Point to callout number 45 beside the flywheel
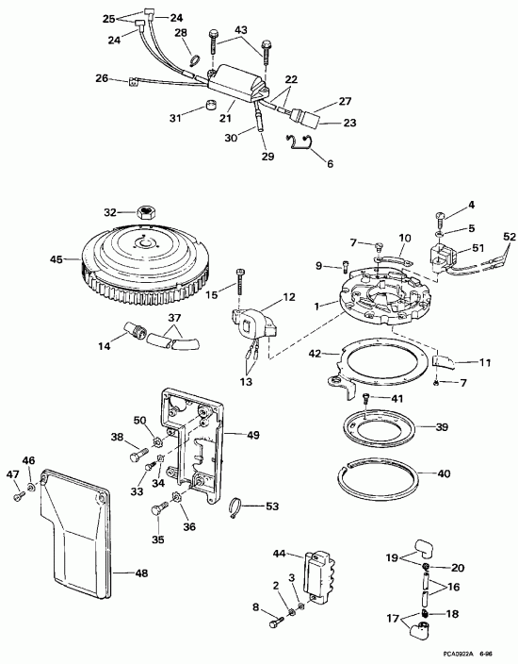[x=56, y=259]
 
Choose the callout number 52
[x=510, y=237]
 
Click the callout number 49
[x=252, y=435]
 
